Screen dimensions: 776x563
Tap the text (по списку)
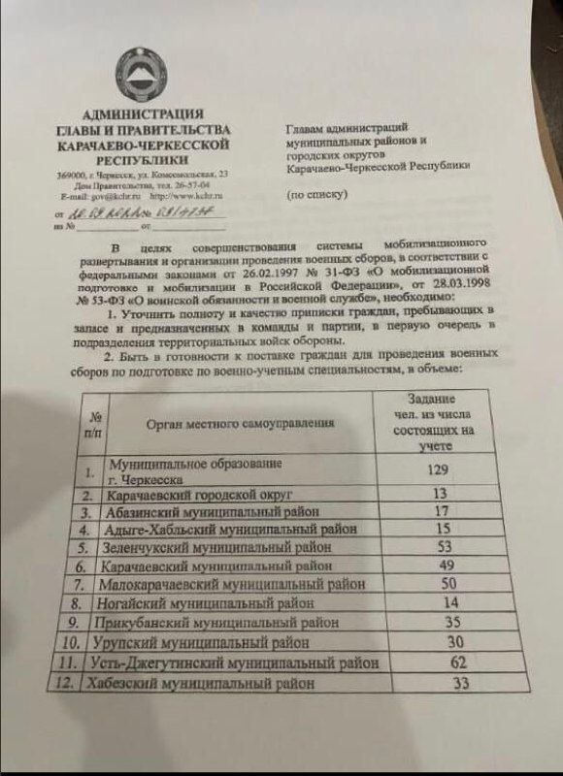click(315, 194)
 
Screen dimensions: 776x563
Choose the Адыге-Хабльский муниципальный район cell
click(229, 531)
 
